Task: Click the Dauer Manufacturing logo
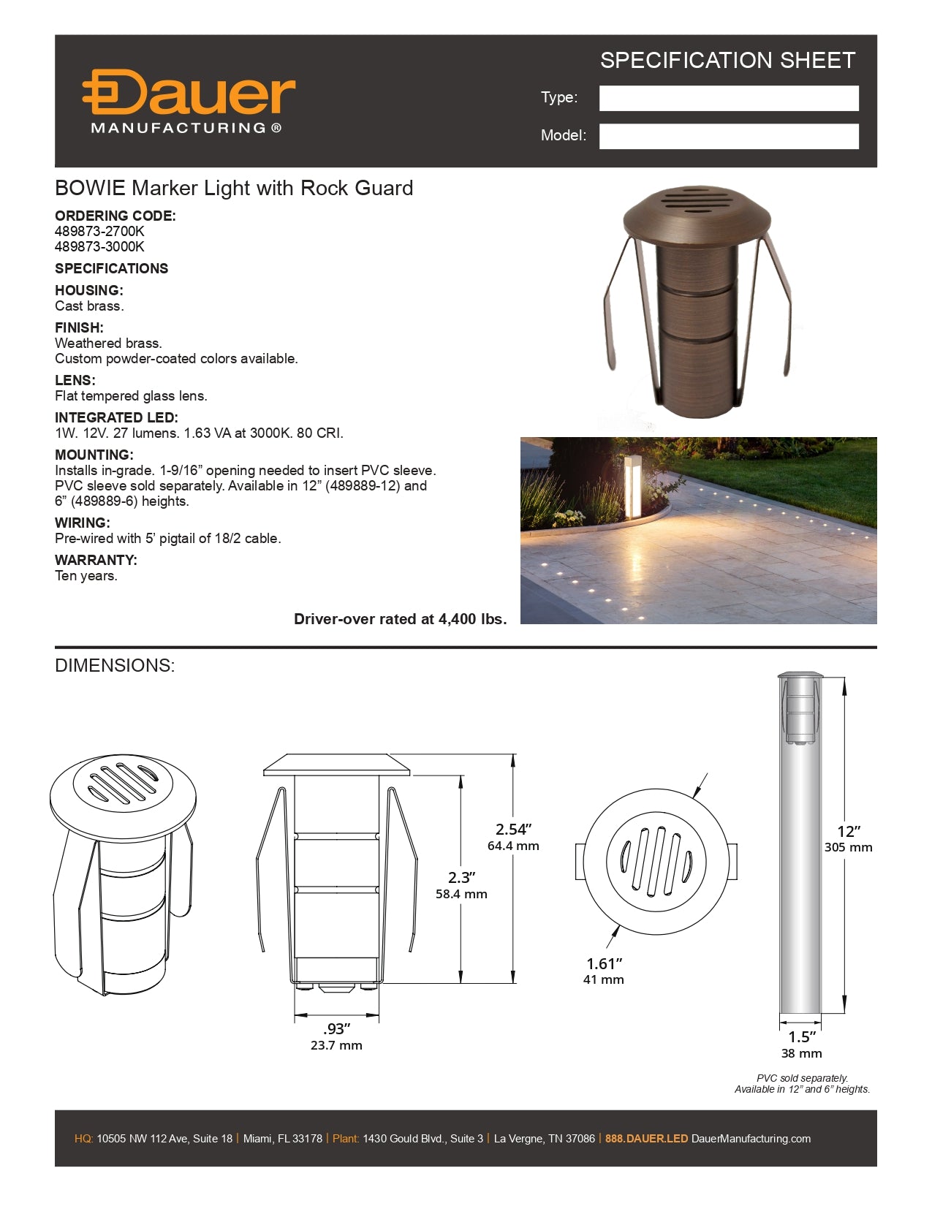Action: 188,102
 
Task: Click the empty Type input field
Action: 728,99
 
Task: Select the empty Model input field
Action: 728,137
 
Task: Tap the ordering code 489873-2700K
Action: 99,232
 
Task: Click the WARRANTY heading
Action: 96,561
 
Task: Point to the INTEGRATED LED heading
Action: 116,418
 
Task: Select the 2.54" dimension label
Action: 513,830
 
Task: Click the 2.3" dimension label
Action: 461,878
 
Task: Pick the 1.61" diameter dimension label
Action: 604,964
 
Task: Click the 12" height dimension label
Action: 848,832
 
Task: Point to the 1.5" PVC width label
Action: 801,1037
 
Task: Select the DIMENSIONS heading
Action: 115,666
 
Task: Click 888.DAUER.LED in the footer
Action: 646,1139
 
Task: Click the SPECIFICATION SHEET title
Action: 727,61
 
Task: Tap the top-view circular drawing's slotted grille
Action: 656,860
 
